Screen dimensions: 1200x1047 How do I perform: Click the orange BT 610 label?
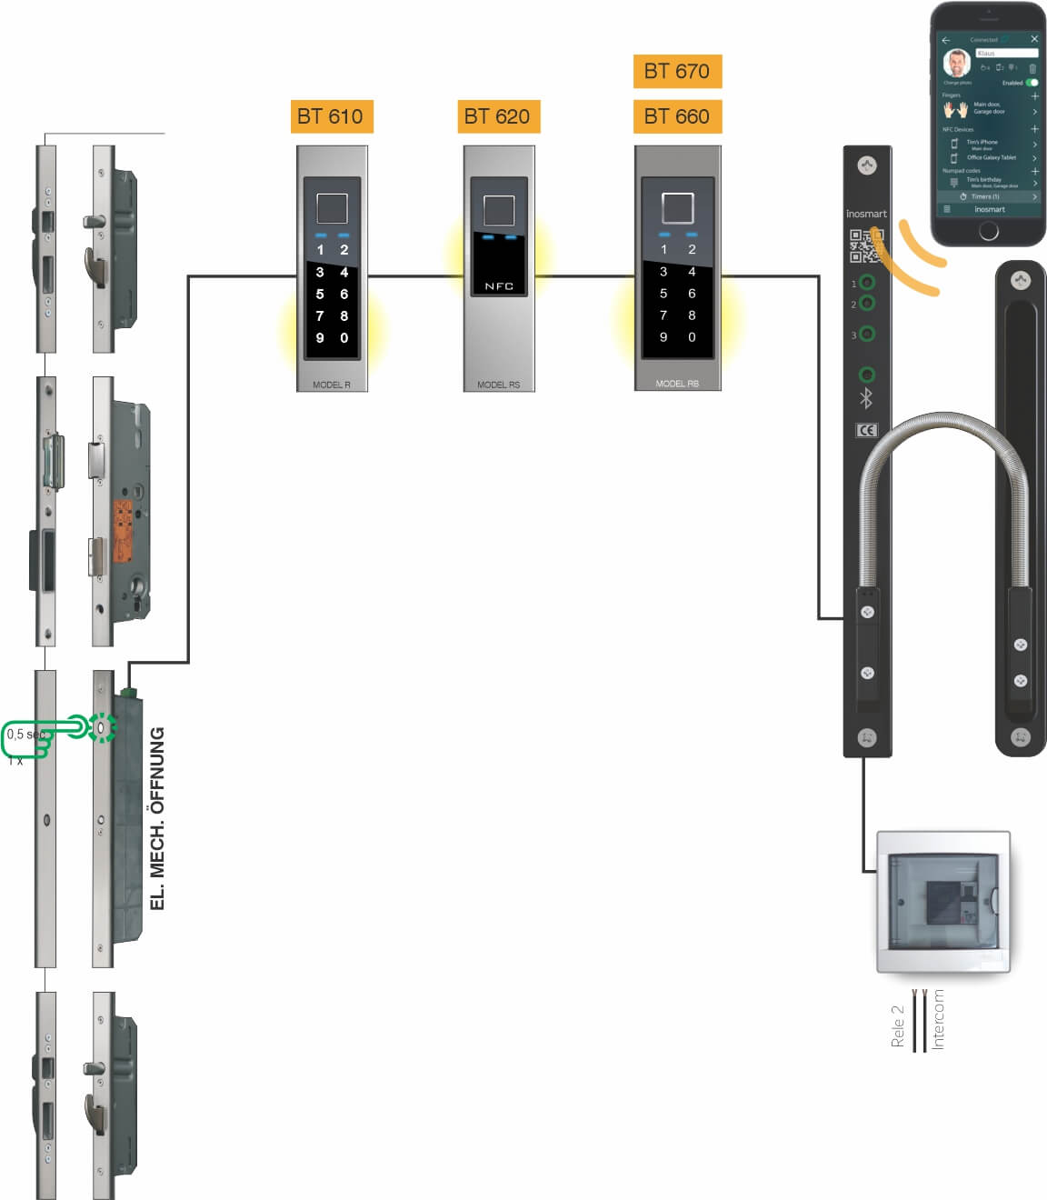[329, 116]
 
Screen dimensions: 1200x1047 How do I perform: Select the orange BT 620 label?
[497, 116]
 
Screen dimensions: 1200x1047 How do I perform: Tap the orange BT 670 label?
[677, 71]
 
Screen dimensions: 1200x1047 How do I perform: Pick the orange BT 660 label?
[677, 116]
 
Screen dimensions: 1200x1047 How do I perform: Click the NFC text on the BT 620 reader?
[499, 286]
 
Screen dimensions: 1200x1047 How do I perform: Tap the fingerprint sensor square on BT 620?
[499, 210]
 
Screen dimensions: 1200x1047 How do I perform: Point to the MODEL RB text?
[677, 384]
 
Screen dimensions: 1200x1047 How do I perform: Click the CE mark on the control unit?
[867, 430]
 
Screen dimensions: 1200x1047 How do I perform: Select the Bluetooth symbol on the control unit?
[866, 398]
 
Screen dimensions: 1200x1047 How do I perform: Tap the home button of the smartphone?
[989, 231]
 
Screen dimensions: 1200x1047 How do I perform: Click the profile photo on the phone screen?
[956, 63]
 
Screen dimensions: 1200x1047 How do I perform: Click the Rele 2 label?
[898, 1026]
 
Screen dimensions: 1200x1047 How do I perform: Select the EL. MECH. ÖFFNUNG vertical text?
[157, 818]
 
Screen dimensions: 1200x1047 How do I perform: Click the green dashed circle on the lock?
[103, 727]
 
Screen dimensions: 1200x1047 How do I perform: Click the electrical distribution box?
[943, 902]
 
